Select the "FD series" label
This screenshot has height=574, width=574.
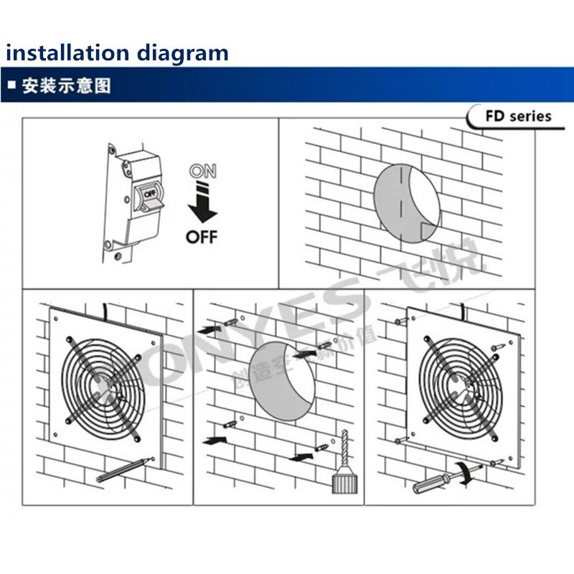coord(518,116)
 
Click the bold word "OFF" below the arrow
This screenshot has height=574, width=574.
coord(202,237)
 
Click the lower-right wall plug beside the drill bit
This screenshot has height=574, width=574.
coord(323,450)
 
